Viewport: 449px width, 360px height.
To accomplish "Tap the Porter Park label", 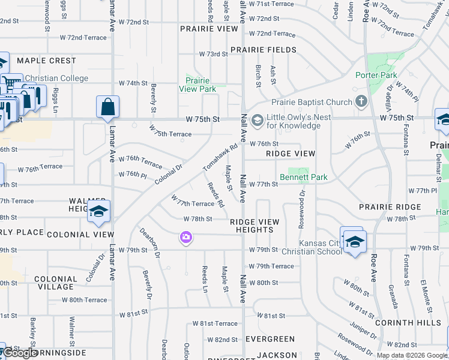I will [376, 75].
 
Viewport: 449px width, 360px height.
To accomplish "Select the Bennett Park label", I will [304, 178].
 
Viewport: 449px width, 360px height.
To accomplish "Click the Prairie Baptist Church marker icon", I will [361, 101].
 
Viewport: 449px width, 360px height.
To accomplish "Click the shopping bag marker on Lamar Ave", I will [107, 107].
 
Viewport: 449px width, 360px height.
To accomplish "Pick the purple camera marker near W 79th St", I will [185, 238].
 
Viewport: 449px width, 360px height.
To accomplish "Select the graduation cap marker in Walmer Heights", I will [99, 211].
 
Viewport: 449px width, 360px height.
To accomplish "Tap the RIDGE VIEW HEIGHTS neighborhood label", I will [255, 226].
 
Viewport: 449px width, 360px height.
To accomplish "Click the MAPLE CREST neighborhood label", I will [46, 61].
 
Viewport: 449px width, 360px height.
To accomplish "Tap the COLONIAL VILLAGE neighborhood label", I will [56, 283].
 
